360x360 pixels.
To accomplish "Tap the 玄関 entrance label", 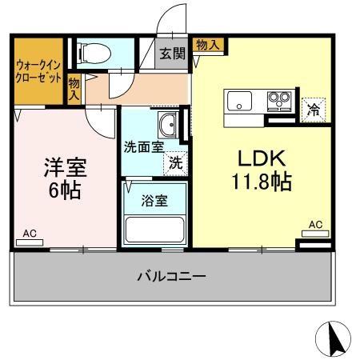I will click(171, 54).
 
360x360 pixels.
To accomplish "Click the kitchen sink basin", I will click(241, 102).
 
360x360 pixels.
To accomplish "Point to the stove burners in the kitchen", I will click(278, 102).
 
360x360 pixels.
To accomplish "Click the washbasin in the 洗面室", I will click(168, 126).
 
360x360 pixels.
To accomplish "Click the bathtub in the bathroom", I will click(155, 229).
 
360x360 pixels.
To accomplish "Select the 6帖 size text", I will click(65, 191).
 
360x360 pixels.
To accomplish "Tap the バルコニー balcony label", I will click(171, 276).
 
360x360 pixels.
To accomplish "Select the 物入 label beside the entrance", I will click(207, 45).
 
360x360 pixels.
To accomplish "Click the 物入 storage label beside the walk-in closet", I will click(74, 87).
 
